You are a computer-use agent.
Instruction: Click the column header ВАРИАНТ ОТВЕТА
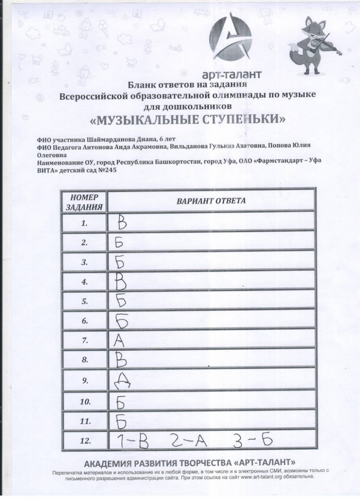211,201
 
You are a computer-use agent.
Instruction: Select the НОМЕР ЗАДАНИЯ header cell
84,202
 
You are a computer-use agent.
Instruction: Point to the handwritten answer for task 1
121,223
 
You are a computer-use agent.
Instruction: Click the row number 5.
85,301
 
